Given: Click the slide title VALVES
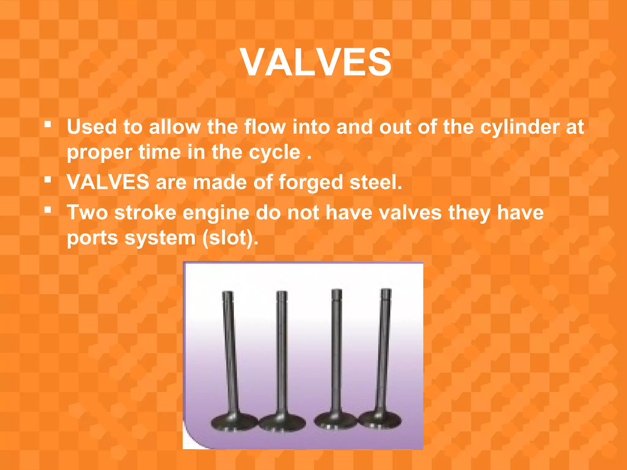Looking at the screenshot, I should point(316,62).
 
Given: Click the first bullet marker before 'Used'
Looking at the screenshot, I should point(47,125).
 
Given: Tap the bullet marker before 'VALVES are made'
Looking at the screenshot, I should point(47,180).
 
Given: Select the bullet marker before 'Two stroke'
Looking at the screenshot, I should point(47,210).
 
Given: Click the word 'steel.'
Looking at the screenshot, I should point(376,182).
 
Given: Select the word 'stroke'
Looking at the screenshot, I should point(145,212).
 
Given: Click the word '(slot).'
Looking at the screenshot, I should point(230,238).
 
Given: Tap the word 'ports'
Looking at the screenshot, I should point(92,238).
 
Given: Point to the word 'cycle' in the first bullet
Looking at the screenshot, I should point(274,152).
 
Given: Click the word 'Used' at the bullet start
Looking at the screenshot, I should point(92,127).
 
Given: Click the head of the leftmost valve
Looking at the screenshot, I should point(234,423).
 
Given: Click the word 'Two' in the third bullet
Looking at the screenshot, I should point(87,212).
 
